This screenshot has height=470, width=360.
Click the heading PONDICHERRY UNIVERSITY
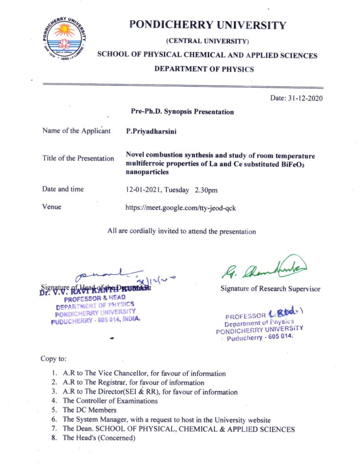click(208, 26)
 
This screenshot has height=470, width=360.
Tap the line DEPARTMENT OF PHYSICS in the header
click(204, 69)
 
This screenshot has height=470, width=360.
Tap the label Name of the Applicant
click(76, 131)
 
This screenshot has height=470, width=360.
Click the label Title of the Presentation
click(78, 158)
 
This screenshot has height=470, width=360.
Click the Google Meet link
click(181, 207)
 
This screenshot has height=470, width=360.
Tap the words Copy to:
click(53, 359)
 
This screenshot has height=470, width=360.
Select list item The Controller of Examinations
click(110, 401)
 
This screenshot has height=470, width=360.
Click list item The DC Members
click(90, 410)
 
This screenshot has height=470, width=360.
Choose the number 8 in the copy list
click(54, 437)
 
